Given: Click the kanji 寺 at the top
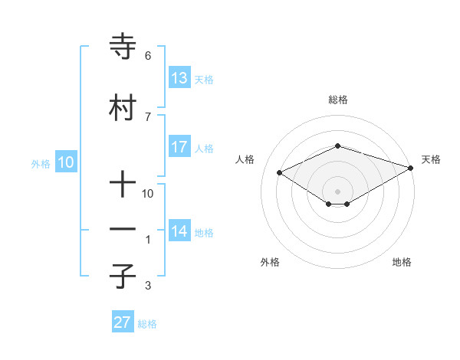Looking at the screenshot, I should [123, 47].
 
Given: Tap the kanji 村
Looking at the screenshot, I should [123, 107].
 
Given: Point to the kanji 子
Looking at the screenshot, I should [123, 275].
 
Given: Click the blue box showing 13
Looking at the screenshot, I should [179, 78].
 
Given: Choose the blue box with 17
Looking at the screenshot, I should [179, 147].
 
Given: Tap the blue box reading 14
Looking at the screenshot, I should [179, 231].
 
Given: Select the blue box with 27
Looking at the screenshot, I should [123, 322].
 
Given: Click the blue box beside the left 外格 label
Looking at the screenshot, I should [66, 162].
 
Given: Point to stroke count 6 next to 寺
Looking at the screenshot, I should [147, 56].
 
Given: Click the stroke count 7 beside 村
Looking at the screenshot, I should [147, 116].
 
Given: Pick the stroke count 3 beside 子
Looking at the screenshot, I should [147, 286].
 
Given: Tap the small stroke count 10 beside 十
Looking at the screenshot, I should [148, 194].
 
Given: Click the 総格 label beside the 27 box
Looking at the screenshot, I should [147, 324].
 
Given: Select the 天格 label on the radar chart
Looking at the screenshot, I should [431, 159].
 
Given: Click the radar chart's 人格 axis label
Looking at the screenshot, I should [245, 159].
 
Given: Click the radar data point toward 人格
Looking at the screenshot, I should [280, 172].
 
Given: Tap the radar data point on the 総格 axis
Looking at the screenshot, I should [338, 146].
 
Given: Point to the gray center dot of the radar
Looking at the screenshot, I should [338, 191].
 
